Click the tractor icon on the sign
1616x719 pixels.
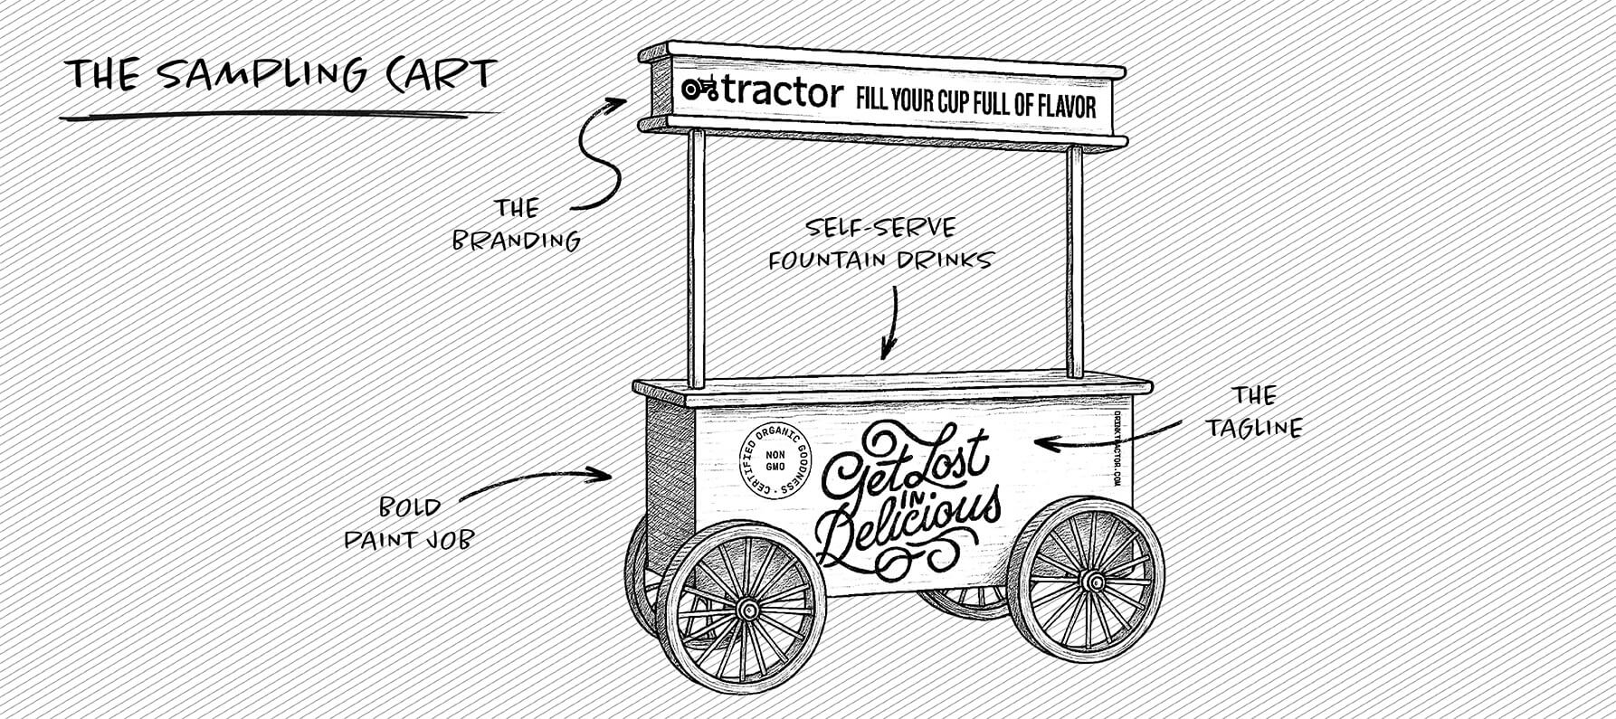coord(699,89)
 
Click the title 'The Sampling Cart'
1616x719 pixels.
coord(281,74)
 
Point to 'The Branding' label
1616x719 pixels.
coord(517,225)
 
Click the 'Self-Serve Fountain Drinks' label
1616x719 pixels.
coord(880,243)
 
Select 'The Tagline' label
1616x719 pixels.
coord(1254,412)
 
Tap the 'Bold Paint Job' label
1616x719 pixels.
coord(409,523)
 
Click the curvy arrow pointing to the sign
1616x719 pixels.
coord(594,154)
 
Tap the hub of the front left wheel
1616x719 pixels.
coord(747,610)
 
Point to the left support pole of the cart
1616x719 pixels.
coord(696,258)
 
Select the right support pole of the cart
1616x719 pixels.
coord(1074,262)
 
